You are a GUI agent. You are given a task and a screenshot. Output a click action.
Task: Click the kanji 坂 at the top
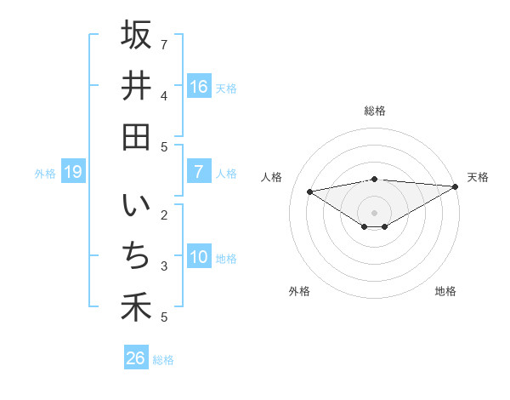coord(136,36)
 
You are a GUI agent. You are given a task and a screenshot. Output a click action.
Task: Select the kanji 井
coord(136,86)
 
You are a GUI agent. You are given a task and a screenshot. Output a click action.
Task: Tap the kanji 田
coord(136,136)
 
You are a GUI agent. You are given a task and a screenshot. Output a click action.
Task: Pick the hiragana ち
coord(136,255)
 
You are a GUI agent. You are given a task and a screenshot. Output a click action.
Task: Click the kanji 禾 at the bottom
coord(136,306)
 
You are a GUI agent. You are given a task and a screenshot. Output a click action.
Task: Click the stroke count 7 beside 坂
coord(164,43)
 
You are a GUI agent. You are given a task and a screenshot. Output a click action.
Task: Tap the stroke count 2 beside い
coord(164,214)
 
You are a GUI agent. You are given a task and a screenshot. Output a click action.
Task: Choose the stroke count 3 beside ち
coord(164,266)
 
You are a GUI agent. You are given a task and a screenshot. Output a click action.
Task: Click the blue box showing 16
coord(198,86)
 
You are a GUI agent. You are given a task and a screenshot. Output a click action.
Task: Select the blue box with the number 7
coord(198,172)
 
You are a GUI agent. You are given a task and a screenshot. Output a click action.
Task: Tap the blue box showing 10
coord(198,257)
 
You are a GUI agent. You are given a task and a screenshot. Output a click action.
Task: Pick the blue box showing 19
coord(72,172)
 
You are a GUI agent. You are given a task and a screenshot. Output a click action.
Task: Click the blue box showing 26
coord(135,358)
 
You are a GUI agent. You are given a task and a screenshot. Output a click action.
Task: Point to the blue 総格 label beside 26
coord(163,360)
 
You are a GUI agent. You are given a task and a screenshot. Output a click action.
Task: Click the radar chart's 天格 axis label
coord(478,177)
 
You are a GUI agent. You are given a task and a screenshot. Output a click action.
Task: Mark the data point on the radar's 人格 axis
coord(309,191)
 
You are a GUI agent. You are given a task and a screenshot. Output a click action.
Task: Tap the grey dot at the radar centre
coord(374,212)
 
